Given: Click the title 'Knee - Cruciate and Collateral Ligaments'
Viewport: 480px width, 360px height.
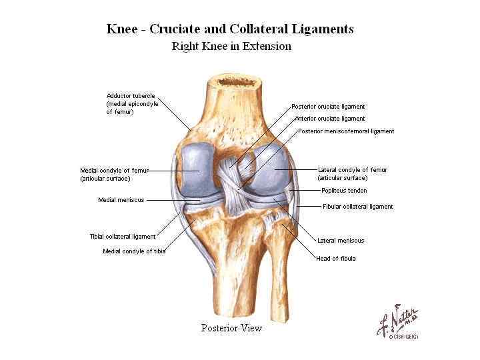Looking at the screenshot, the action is pos(231,29).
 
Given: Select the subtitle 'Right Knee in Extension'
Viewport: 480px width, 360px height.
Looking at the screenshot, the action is pos(231,46).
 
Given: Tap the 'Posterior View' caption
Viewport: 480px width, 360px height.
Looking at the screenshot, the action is pos(231,328).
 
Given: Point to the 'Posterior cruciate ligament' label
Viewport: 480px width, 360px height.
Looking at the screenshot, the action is pos(328,107).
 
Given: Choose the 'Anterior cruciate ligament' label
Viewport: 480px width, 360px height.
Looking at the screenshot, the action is pos(329,119).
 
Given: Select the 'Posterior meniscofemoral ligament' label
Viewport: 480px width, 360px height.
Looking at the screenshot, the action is pos(346,131).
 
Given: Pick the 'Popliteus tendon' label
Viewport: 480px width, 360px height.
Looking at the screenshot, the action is pos(343,191).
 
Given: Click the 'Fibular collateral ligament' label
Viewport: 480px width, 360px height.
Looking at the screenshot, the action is pos(357,207).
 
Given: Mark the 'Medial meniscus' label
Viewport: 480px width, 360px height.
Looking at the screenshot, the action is pos(121,200).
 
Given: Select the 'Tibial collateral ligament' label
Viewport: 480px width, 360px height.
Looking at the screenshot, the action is pos(123,237).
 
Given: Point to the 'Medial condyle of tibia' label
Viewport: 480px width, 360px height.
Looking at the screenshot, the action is pos(134,251).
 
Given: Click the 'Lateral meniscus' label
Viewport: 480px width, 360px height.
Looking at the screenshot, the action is pos(341,241).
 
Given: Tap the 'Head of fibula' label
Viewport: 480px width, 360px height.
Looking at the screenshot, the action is pos(335,259).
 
